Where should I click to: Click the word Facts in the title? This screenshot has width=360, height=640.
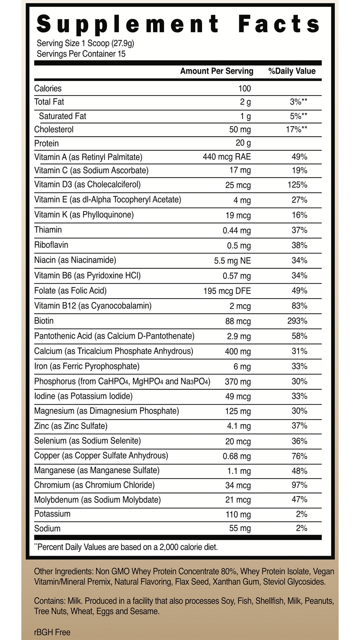[x=279, y=24]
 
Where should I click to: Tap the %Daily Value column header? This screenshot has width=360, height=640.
[x=292, y=71]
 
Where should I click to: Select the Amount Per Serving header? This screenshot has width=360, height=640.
[x=217, y=71]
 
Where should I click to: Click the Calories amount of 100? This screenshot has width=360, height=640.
[x=244, y=88]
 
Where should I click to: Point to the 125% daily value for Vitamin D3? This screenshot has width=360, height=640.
[x=297, y=185]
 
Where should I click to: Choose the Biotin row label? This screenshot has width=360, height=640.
[x=44, y=321]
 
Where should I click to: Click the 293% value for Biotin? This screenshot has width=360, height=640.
[x=297, y=321]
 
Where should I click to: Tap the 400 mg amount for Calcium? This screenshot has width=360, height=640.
[x=238, y=351]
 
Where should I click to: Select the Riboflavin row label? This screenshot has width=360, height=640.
[x=51, y=245]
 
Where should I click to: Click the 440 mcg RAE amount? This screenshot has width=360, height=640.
[x=227, y=157]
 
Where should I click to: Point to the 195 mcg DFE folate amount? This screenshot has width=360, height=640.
[x=227, y=291]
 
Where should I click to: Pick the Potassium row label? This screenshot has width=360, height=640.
[x=52, y=514]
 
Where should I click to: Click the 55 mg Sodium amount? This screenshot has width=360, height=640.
[x=240, y=528]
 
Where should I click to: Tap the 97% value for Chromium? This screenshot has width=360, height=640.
[x=299, y=485]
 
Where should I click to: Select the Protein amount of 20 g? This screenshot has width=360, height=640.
[x=243, y=143]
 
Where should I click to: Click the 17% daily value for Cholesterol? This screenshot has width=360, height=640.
[x=296, y=129]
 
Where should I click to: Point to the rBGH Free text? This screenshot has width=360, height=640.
[x=52, y=632]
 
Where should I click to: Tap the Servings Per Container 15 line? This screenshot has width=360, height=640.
[x=81, y=54]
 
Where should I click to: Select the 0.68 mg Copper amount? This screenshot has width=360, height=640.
[x=237, y=456]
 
